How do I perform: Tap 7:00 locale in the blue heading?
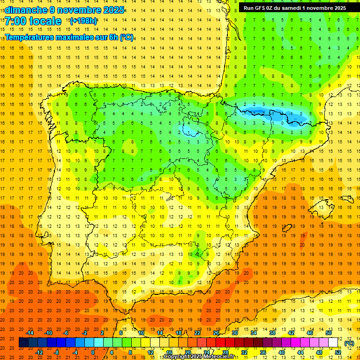33,21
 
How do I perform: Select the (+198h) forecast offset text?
83,21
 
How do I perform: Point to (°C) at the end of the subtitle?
127,37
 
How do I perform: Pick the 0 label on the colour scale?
93,352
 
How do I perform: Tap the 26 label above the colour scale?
216,333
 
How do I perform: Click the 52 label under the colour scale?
338,352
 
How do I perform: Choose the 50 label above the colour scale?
329,333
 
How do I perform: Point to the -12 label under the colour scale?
39,352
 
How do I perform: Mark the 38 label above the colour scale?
272,333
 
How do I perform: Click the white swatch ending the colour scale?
333,343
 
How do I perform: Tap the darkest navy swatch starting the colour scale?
24,343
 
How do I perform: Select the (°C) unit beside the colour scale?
349,343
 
